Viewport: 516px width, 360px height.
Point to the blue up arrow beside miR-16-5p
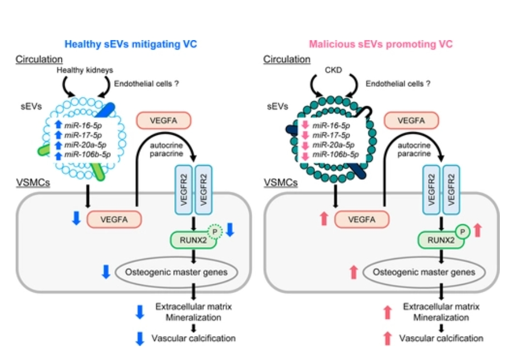[x=57, y=125]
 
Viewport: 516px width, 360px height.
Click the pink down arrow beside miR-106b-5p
[x=304, y=154]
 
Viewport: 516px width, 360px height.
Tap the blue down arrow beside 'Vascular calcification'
[x=140, y=338]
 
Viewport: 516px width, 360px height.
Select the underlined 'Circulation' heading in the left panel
[x=38, y=59]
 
